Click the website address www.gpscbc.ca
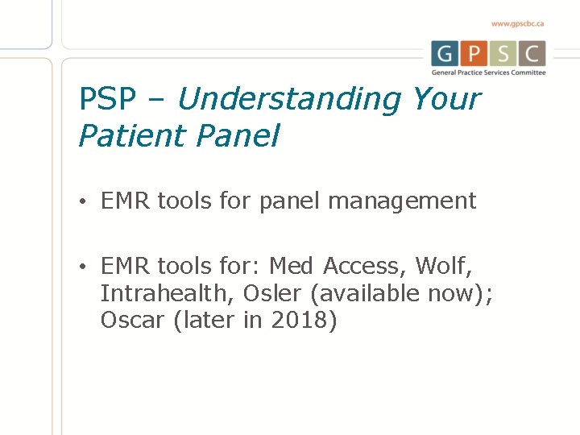click(x=518, y=23)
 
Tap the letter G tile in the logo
click(x=445, y=54)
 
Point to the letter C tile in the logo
click(x=532, y=54)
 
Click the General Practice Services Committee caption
click(x=489, y=72)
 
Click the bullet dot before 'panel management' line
click(x=83, y=201)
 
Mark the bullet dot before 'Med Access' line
click(x=83, y=266)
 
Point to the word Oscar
click(x=133, y=321)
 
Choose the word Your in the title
click(x=445, y=100)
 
